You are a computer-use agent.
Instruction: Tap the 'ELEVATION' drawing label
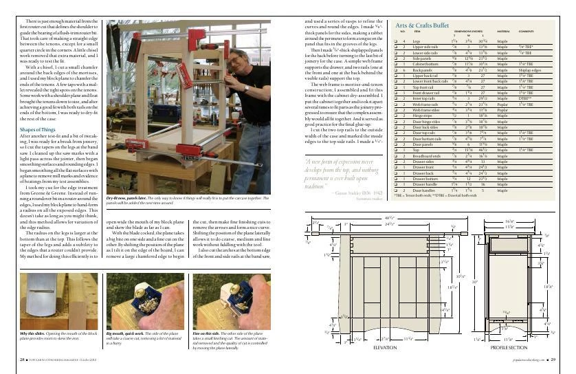click(384, 348)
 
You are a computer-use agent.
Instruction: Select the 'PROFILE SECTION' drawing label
click(509, 348)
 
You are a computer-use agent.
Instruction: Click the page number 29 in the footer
click(561, 360)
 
